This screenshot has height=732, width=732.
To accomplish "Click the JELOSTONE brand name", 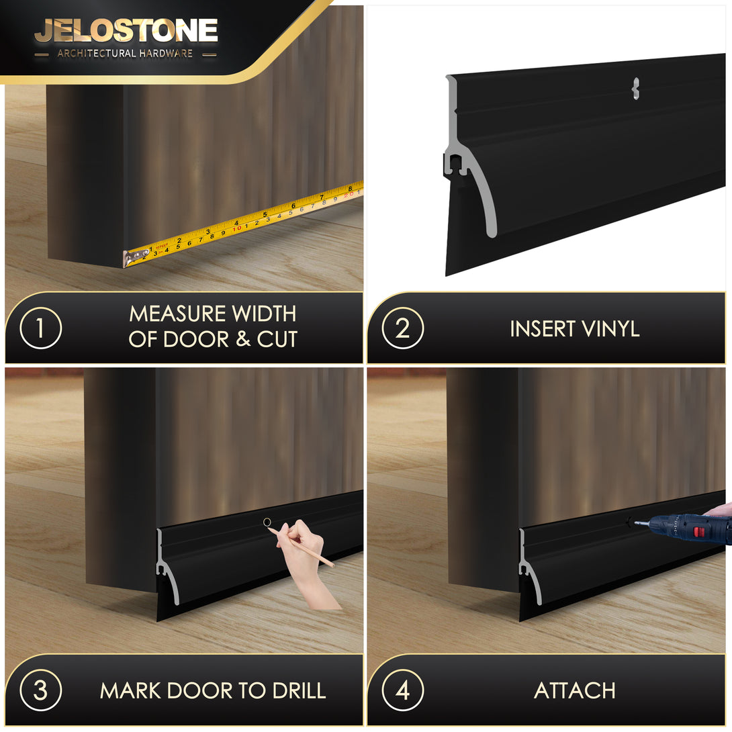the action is (126, 32).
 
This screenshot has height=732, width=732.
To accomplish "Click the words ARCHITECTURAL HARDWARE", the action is (125, 54).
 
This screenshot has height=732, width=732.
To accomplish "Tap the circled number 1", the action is (40, 328).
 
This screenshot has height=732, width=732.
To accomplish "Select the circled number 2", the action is (402, 328).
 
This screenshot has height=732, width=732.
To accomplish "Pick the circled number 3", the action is (40, 690).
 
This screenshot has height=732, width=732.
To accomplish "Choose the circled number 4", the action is (402, 690).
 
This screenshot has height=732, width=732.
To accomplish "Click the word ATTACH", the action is (575, 690).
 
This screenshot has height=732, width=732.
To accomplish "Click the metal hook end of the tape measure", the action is (133, 259).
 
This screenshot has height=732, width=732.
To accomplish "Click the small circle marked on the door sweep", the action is (267, 522).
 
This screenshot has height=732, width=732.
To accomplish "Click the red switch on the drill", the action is (698, 532).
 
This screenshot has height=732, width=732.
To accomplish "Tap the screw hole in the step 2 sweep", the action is (635, 88).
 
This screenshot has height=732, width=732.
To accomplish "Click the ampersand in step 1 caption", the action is (242, 339).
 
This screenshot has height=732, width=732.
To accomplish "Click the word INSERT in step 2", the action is (543, 328).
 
